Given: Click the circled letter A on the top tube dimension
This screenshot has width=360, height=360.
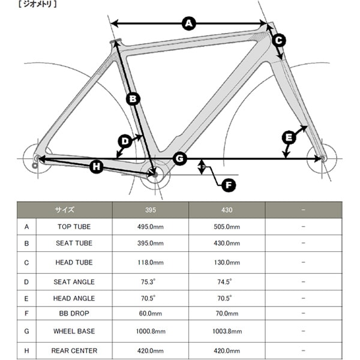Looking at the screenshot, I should pos(189,23).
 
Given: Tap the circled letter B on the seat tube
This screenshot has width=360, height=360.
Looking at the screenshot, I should pos(133,98).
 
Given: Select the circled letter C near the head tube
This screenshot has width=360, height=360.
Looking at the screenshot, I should pos(278,40).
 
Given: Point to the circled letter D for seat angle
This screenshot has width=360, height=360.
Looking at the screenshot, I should pos(124,142).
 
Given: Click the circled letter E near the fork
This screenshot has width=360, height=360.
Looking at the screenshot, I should pos(289,137).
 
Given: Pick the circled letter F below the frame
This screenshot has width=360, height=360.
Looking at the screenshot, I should pos(227,185).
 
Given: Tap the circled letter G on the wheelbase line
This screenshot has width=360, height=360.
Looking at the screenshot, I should pos(180,158).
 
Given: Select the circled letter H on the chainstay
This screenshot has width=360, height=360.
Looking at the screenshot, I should pos(97,167).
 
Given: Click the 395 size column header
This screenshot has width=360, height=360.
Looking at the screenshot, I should pos(150,210).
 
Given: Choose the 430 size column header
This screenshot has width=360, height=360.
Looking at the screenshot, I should pos(227,210).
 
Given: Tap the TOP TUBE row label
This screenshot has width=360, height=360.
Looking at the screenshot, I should pos(74,226).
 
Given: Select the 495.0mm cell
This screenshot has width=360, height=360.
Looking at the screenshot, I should pos(150,226).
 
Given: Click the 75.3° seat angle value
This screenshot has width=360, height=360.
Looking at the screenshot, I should pos(150,281).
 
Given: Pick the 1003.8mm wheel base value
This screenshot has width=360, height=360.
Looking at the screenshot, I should pos(227,331).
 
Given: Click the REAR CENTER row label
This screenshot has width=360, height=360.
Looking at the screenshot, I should pos(74,350).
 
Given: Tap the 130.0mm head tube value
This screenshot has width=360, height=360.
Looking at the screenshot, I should pos(227,262).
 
